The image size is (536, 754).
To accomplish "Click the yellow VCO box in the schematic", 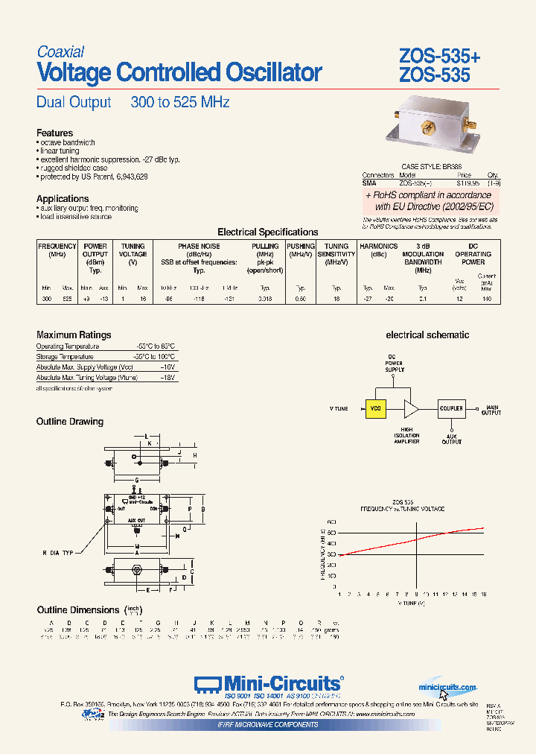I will click(x=376, y=408).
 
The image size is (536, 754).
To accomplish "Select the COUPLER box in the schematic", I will click(x=451, y=408).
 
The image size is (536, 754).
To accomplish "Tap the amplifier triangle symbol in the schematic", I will click(x=411, y=408).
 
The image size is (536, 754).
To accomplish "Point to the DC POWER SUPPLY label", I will click(x=394, y=363).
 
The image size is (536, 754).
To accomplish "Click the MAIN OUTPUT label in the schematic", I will click(x=493, y=409).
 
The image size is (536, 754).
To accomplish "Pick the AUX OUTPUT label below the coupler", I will click(x=451, y=439).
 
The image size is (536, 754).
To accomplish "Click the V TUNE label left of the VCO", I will click(x=339, y=408).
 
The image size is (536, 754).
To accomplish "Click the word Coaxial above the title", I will click(x=60, y=52).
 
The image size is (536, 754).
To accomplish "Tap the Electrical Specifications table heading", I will click(x=267, y=232).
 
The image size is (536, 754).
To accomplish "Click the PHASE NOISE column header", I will click(x=199, y=246).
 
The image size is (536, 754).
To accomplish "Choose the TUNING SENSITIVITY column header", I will click(x=336, y=250).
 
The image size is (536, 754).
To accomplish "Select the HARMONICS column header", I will click(x=378, y=246).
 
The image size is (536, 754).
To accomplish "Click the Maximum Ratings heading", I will click(x=74, y=335).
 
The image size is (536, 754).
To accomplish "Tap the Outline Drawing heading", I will click(x=70, y=422).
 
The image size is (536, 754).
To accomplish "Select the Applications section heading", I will click(x=63, y=198).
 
